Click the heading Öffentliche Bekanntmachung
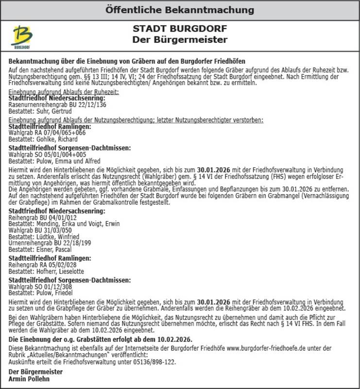tap(180, 10)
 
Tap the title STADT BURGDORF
tap(180, 28)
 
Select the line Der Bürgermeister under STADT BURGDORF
tap(180, 39)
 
